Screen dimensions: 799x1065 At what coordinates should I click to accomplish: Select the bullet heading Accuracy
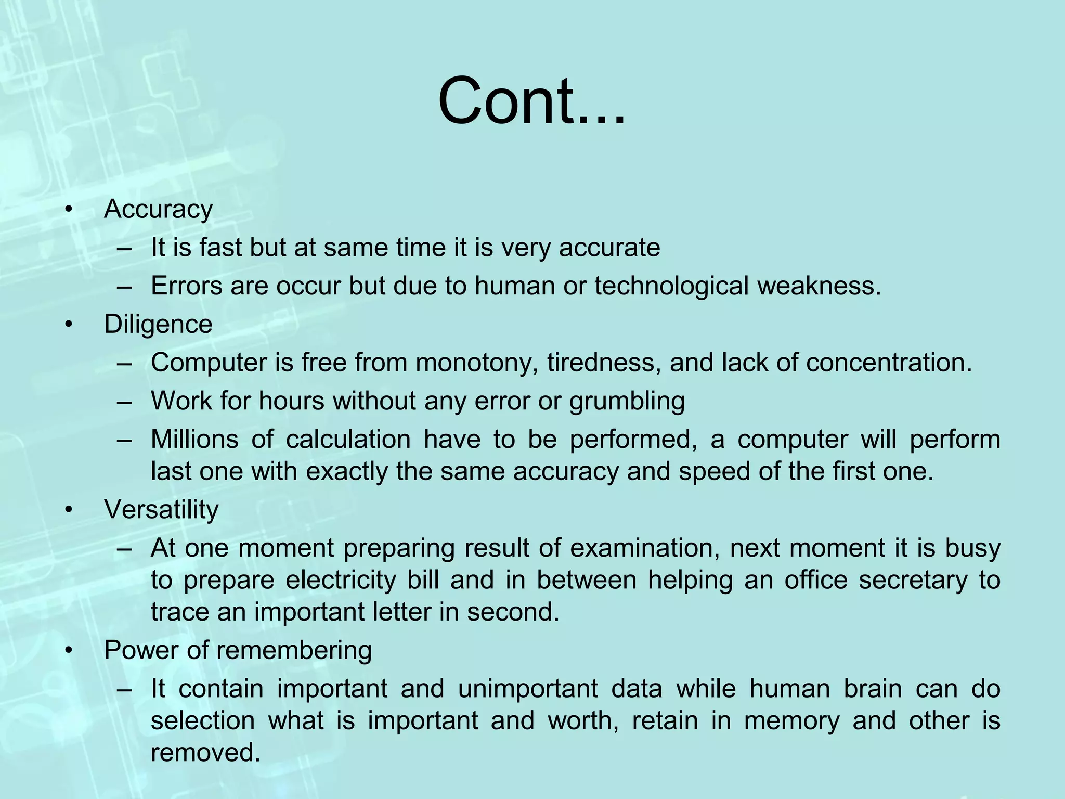(158, 210)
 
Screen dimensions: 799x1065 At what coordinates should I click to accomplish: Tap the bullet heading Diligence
(158, 325)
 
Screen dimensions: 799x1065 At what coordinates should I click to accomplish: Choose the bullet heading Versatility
(161, 510)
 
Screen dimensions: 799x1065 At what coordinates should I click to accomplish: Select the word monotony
(476, 363)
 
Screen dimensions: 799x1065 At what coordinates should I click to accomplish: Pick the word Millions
(194, 440)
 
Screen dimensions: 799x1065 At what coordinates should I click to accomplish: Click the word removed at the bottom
(205, 753)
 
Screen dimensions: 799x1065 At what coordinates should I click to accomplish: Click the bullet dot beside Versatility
(68, 510)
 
